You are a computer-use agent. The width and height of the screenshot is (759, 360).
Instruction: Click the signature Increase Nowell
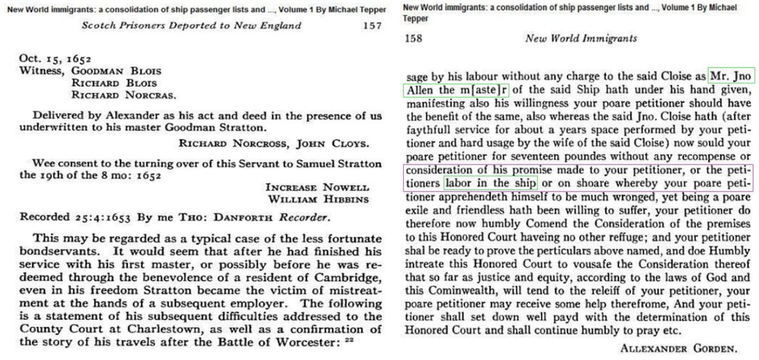[317, 187]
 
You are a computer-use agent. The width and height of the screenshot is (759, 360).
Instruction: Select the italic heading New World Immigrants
[581, 39]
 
